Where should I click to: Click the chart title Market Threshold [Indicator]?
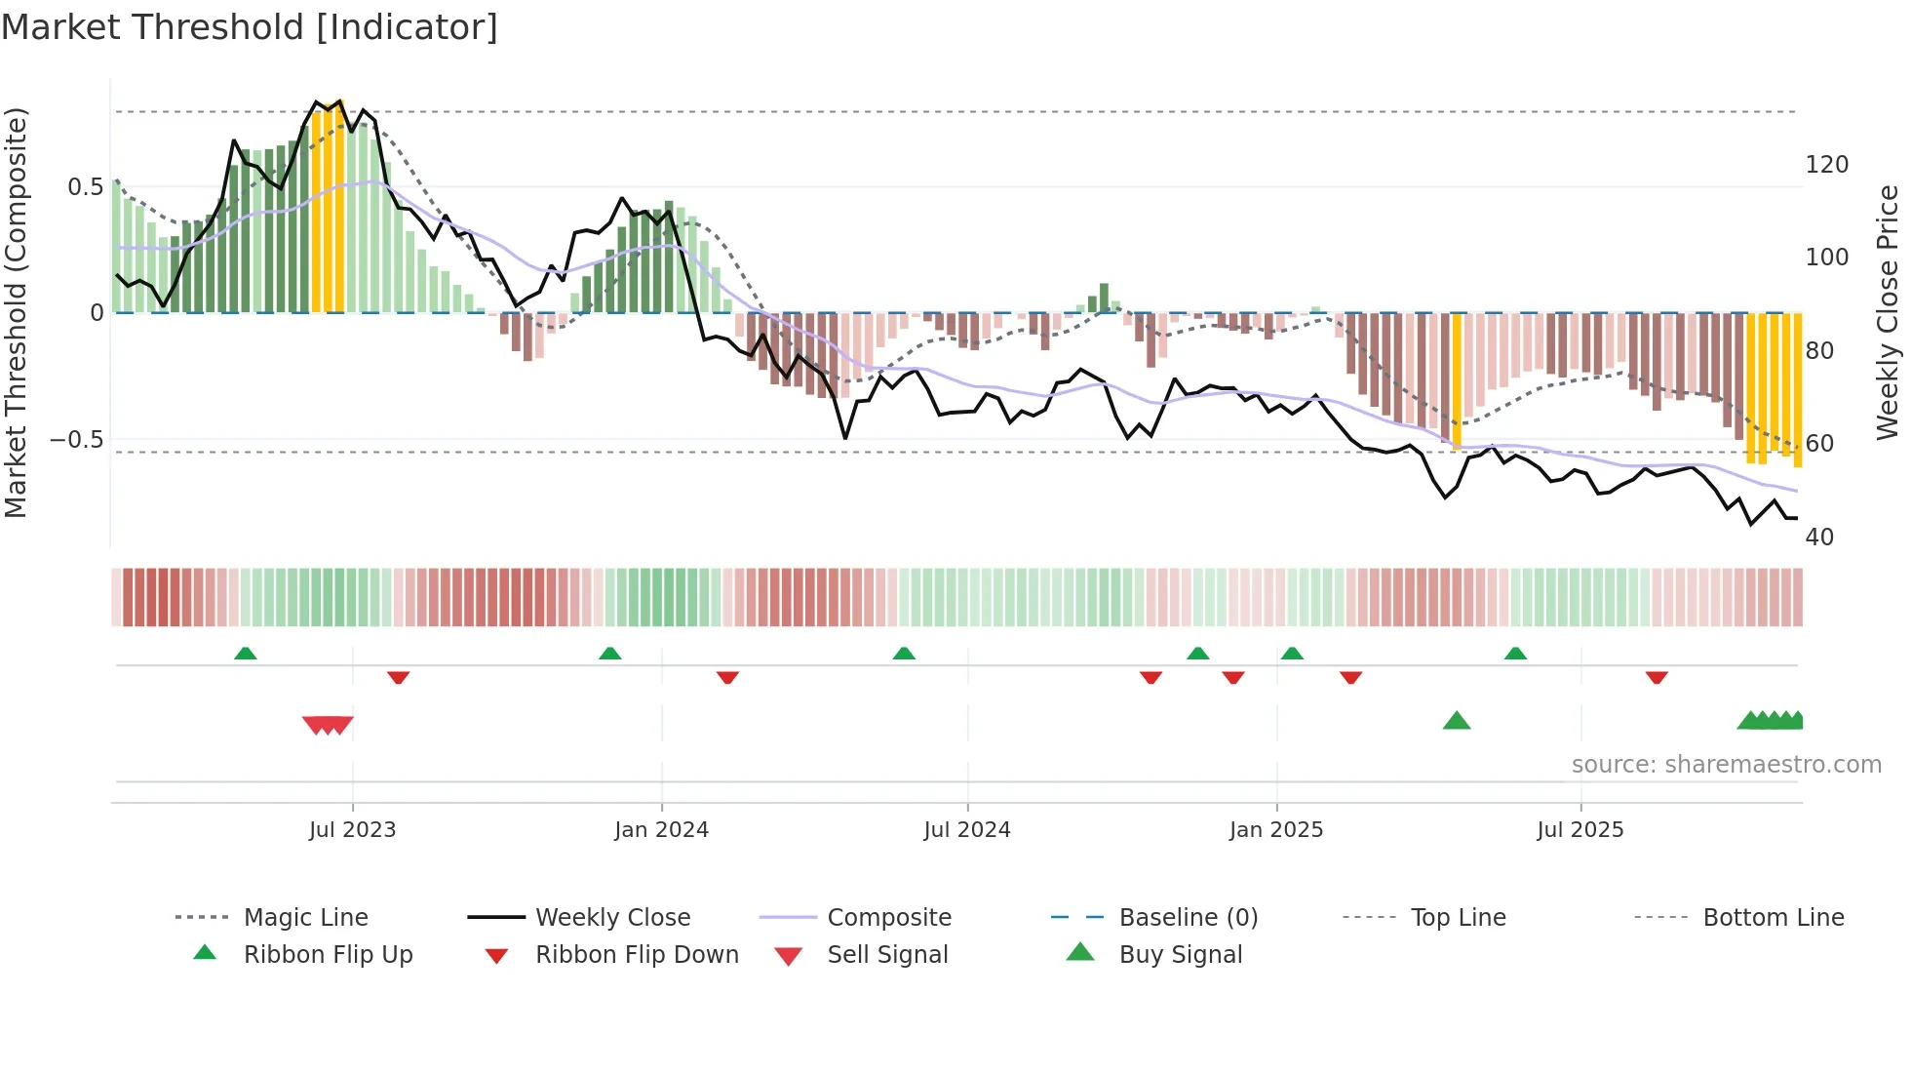click(250, 27)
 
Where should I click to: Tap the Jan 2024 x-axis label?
click(661, 830)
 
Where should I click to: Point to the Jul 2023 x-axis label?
click(352, 830)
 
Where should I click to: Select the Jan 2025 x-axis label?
click(1275, 830)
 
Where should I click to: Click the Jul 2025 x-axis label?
click(1579, 830)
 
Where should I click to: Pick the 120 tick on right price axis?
click(1826, 165)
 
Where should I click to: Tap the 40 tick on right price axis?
click(1819, 537)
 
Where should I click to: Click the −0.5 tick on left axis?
click(76, 440)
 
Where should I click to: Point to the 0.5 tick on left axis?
click(85, 187)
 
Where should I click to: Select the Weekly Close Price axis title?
click(1888, 312)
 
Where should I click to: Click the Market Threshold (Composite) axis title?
click(16, 312)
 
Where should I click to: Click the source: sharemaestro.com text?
click(1726, 765)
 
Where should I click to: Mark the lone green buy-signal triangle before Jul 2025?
click(1456, 721)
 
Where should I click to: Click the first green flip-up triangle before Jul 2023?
click(246, 654)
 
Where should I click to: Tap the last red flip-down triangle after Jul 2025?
click(1657, 677)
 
